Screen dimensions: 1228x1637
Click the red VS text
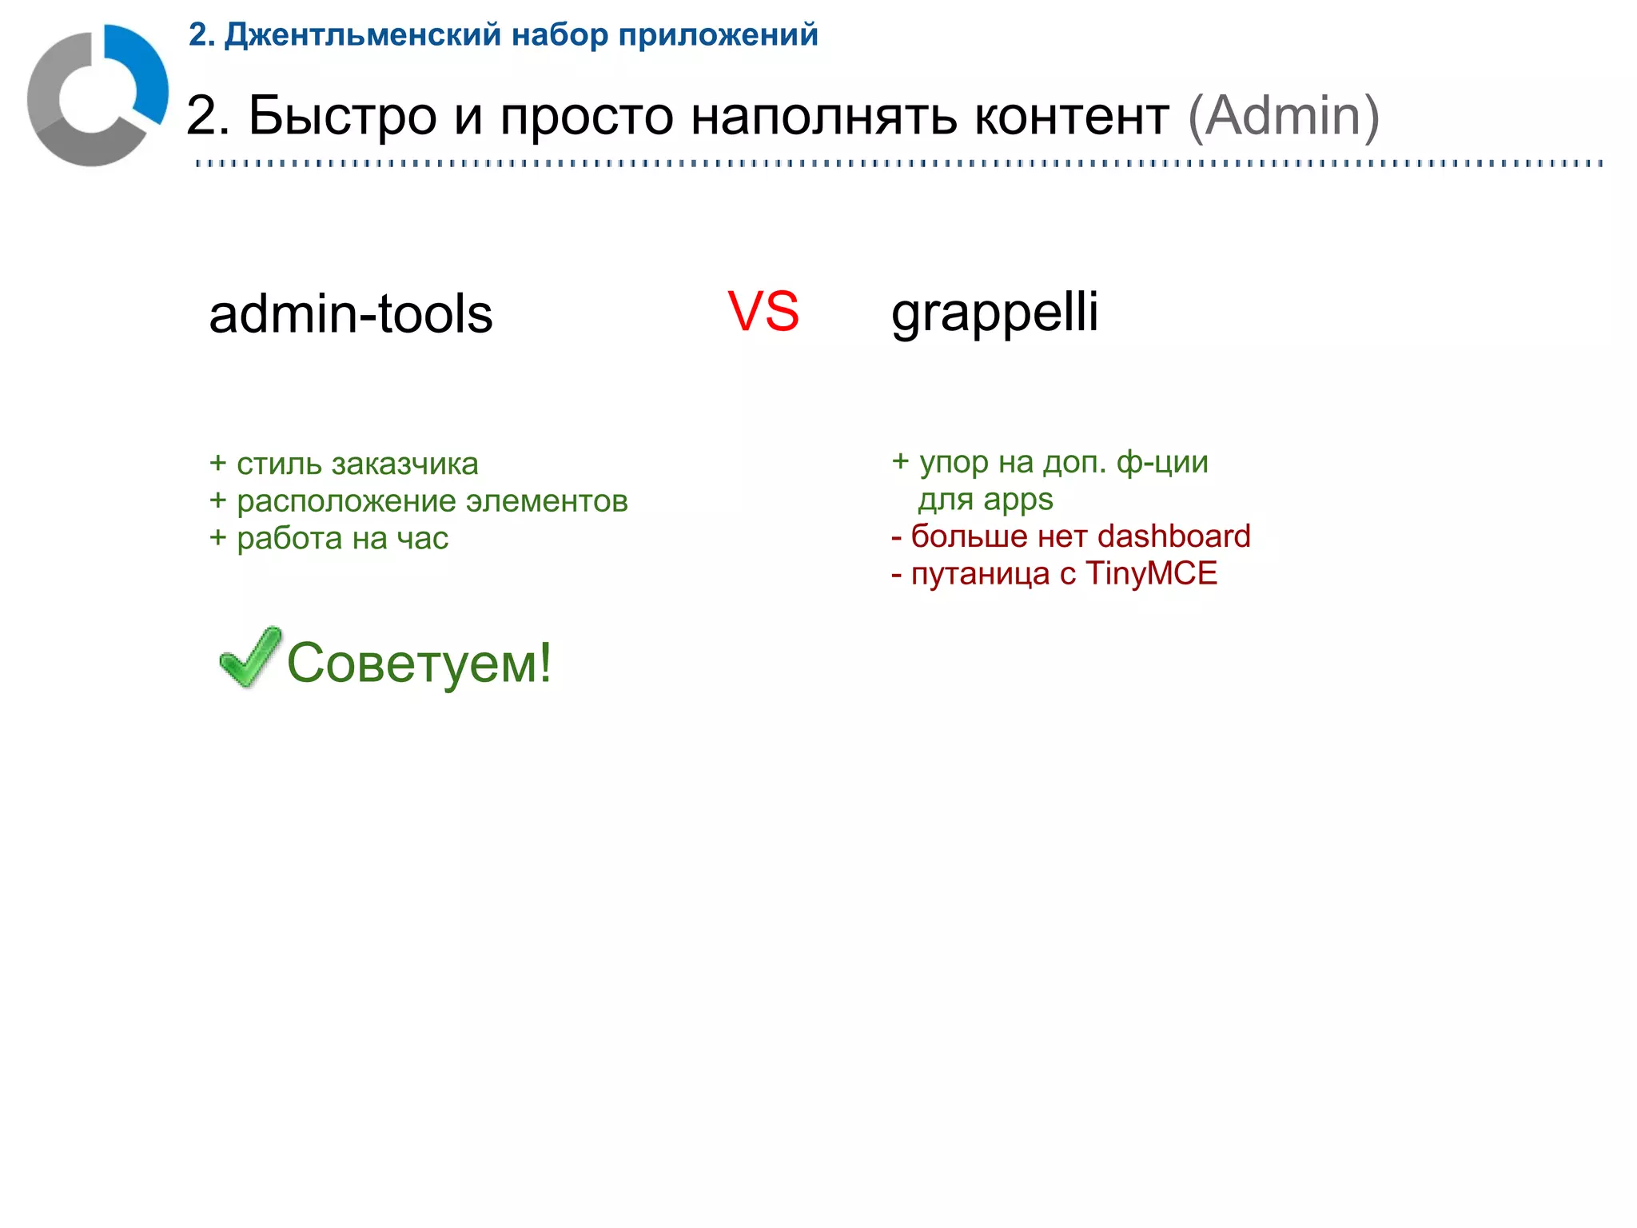click(x=763, y=311)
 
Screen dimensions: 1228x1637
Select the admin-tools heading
click(x=351, y=313)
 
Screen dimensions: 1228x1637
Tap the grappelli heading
click(x=994, y=313)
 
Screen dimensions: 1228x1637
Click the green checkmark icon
click(x=249, y=656)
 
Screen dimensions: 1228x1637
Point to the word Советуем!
click(x=419, y=663)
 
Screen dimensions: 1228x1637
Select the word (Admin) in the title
click(x=1284, y=117)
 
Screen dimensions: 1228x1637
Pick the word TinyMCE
click(x=1151, y=573)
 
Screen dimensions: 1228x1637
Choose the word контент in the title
click(x=1072, y=117)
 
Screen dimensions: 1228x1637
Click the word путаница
click(x=980, y=573)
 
